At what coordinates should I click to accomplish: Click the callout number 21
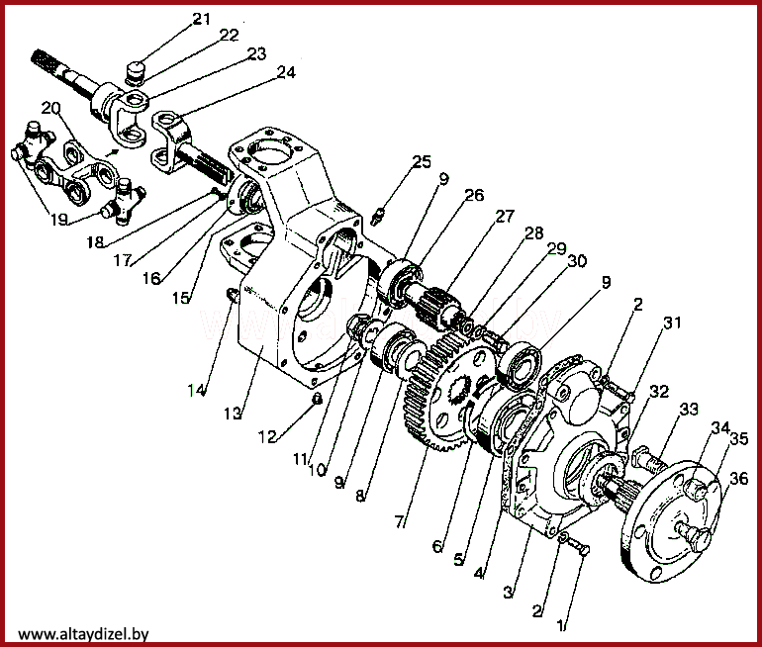[x=202, y=19]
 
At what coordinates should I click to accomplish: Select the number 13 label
[x=234, y=411]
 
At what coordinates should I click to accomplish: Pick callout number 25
[x=423, y=162]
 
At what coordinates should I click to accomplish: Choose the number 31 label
[x=672, y=323]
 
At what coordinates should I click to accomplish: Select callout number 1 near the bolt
[x=562, y=625]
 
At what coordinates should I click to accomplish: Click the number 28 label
[x=534, y=233]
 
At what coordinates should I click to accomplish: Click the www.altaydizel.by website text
[x=83, y=634]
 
